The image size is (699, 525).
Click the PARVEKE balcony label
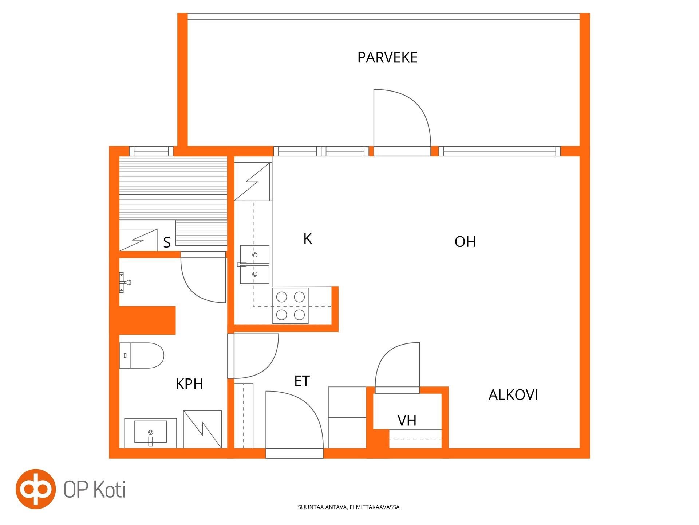(x=387, y=58)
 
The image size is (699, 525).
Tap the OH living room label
(x=465, y=242)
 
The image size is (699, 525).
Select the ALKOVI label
(x=513, y=395)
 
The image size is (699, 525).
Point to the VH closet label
(x=407, y=421)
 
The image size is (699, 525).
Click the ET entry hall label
(x=302, y=381)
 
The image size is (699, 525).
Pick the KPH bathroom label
(x=189, y=384)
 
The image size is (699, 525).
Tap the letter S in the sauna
(x=167, y=242)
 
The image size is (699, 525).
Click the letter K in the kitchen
(x=308, y=239)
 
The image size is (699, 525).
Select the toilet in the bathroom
(x=142, y=355)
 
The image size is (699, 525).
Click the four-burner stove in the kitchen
(x=291, y=306)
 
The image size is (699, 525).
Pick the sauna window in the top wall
(x=151, y=151)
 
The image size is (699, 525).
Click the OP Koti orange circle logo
(x=36, y=489)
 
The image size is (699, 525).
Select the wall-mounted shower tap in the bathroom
(x=125, y=282)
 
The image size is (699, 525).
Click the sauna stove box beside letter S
(x=138, y=240)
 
